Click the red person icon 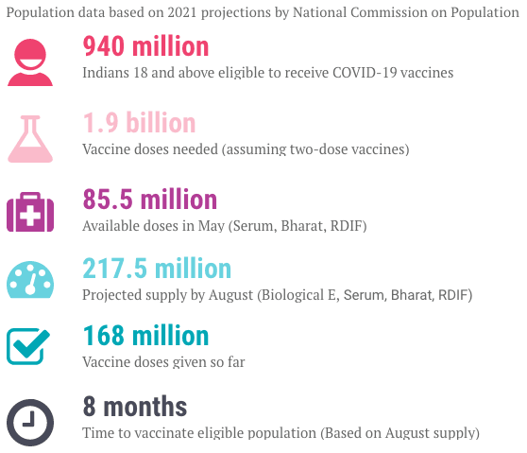click(x=30, y=62)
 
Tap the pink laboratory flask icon click(x=30, y=139)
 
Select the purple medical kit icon click(x=30, y=212)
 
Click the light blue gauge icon click(x=30, y=280)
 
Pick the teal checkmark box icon click(x=28, y=346)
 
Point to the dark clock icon click(x=30, y=423)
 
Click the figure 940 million click(x=145, y=46)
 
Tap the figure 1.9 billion click(x=139, y=123)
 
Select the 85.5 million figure click(x=150, y=199)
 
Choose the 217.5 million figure click(x=157, y=269)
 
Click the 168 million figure click(x=145, y=336)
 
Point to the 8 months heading click(x=135, y=407)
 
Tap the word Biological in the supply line click(x=293, y=295)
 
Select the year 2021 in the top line click(x=182, y=13)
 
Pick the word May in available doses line click(x=211, y=226)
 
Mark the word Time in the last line click(x=95, y=433)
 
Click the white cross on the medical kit click(x=30, y=215)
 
